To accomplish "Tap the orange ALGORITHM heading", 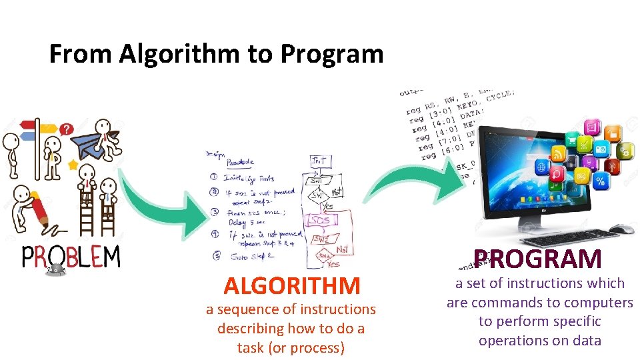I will pyautogui.click(x=292, y=286).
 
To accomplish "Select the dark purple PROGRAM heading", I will pyautogui.click(x=538, y=259).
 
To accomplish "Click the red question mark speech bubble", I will pyautogui.click(x=67, y=129).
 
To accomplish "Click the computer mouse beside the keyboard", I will pyautogui.click(x=621, y=229).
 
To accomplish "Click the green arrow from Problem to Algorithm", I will pyautogui.click(x=160, y=207).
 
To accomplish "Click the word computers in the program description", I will pyautogui.click(x=596, y=303).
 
